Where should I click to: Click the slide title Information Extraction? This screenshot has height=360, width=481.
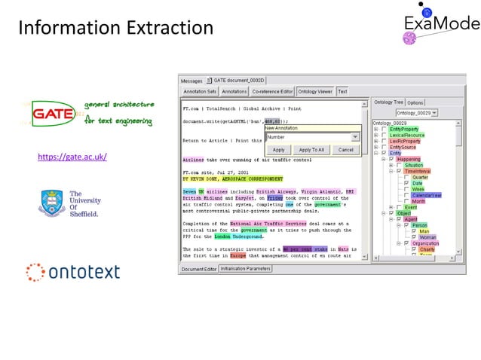tap(115, 28)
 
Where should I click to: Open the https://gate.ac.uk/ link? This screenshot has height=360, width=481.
tap(72, 157)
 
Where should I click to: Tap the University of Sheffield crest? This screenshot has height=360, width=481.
tap(51, 203)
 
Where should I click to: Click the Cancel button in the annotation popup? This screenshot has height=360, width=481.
tap(345, 150)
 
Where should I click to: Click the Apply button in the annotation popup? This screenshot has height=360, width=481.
tap(278, 150)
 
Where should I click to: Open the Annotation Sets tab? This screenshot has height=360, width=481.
tap(201, 91)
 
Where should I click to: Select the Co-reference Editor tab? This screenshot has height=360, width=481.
tap(272, 91)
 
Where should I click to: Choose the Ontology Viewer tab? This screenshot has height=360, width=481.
tap(314, 91)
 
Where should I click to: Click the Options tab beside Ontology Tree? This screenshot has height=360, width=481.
tap(416, 102)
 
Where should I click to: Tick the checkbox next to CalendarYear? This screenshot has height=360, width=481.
tap(407, 195)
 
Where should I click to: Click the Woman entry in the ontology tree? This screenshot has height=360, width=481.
tap(427, 237)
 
